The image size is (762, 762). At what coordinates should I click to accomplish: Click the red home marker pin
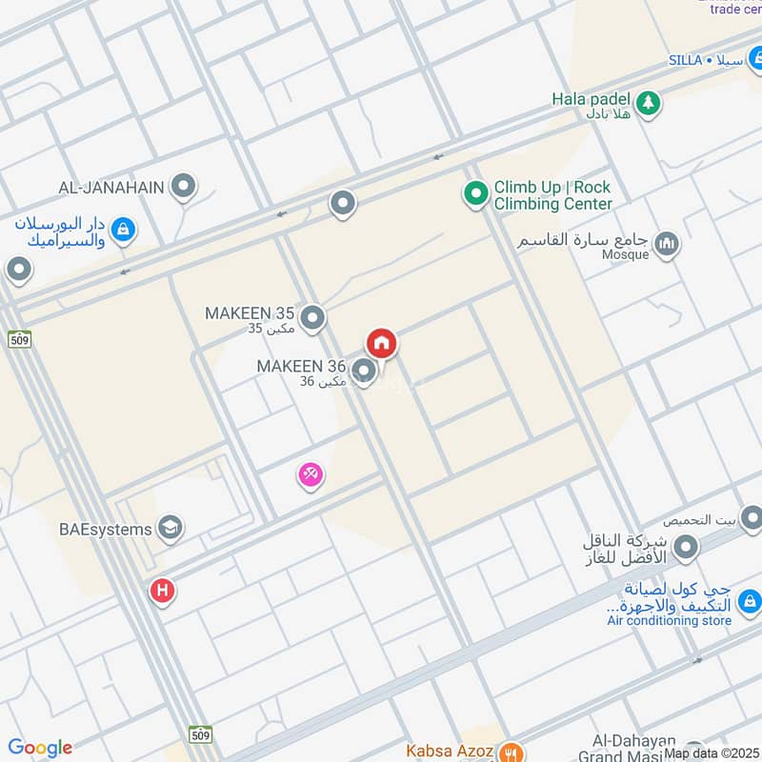click(381, 343)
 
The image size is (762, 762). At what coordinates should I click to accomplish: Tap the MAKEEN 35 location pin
click(313, 317)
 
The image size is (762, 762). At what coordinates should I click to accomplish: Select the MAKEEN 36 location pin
click(363, 370)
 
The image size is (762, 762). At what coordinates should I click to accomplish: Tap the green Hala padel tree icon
click(648, 103)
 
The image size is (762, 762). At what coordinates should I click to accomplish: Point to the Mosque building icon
click(668, 245)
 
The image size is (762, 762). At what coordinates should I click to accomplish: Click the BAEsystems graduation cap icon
click(170, 528)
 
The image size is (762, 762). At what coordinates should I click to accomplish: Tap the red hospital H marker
click(162, 592)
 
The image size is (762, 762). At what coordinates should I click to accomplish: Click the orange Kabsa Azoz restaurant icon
click(510, 751)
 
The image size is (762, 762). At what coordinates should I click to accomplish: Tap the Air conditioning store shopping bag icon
click(750, 601)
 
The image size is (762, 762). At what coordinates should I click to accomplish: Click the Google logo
click(40, 748)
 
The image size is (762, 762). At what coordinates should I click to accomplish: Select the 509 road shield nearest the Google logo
click(200, 734)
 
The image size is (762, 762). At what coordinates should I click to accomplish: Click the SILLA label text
click(685, 60)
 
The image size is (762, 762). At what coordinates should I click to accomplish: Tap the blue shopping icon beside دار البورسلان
click(123, 229)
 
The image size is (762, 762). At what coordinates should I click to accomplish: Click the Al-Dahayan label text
click(633, 741)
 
